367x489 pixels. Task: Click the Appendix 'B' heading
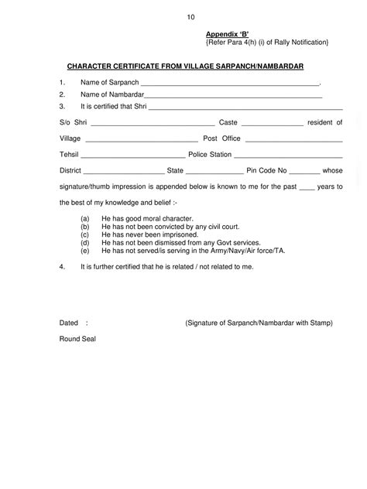tap(227, 34)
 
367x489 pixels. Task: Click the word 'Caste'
tap(228, 122)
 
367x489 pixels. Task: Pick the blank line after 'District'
tap(122, 171)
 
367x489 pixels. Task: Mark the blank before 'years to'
tap(307, 187)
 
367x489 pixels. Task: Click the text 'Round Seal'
tap(77, 339)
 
